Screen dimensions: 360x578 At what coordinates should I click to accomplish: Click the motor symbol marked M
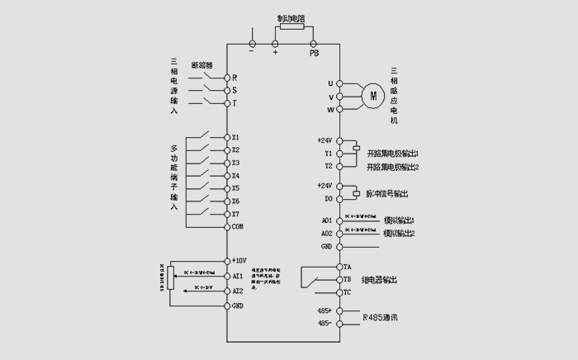373,96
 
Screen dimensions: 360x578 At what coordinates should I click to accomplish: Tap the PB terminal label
314,53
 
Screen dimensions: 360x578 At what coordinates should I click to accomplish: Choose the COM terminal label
238,226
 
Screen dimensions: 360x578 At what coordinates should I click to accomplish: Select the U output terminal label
330,83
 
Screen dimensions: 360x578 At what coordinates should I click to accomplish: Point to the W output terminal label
330,110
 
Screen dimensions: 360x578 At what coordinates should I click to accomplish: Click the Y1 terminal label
328,154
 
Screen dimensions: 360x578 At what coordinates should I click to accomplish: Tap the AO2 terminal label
326,234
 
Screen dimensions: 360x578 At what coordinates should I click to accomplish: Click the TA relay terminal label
348,268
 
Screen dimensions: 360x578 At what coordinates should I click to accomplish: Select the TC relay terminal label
348,292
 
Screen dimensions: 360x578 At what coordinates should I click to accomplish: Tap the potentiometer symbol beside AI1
171,274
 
